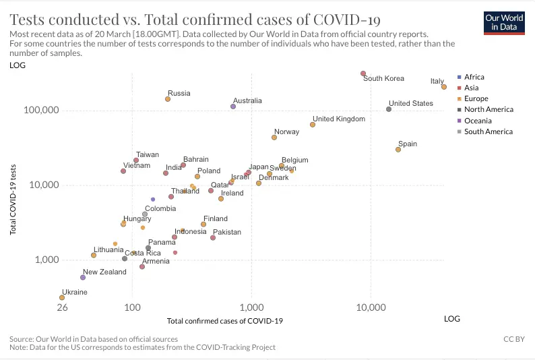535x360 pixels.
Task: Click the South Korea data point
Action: pyautogui.click(x=363, y=73)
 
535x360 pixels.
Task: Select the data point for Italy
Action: pyautogui.click(x=444, y=87)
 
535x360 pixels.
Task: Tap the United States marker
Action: pyautogui.click(x=389, y=109)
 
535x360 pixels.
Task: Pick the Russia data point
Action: pyautogui.click(x=168, y=99)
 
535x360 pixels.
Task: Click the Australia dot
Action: pyautogui.click(x=233, y=107)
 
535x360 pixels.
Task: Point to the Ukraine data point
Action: pyautogui.click(x=62, y=297)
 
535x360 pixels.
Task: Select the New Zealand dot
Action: pyautogui.click(x=83, y=277)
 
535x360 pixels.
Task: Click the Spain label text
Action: pyautogui.click(x=408, y=144)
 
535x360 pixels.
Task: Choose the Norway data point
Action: pyautogui.click(x=274, y=138)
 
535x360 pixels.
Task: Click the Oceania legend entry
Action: pyautogui.click(x=480, y=121)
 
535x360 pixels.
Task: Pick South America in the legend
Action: pyautogui.click(x=488, y=131)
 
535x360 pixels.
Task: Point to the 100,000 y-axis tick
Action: pyautogui.click(x=42, y=111)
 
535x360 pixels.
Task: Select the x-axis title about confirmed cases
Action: pyautogui.click(x=224, y=321)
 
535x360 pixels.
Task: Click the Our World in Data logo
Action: pyautogui.click(x=504, y=22)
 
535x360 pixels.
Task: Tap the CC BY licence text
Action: pyautogui.click(x=513, y=339)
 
